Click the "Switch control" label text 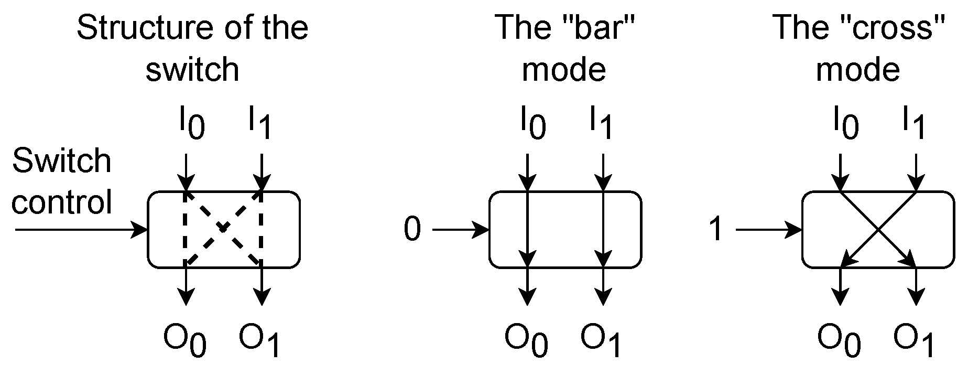point(62,181)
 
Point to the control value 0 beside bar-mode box point(412,230)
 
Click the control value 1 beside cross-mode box point(716,230)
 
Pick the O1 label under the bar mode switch point(601,341)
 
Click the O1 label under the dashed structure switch point(260,341)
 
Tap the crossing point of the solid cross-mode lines point(878,229)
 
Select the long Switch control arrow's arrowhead point(140,230)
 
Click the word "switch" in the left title point(192,69)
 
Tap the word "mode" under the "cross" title point(858,69)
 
